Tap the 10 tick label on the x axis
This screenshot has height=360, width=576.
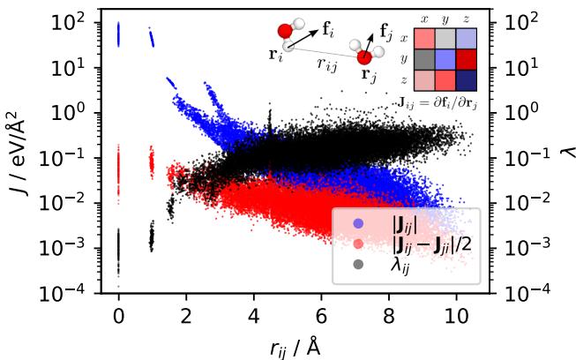[x=456, y=316]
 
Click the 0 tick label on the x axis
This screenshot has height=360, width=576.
[x=118, y=316]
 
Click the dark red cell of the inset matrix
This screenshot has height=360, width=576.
[x=465, y=58]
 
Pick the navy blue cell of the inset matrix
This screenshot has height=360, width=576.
[x=465, y=79]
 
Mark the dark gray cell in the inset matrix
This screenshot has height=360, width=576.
[x=422, y=58]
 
